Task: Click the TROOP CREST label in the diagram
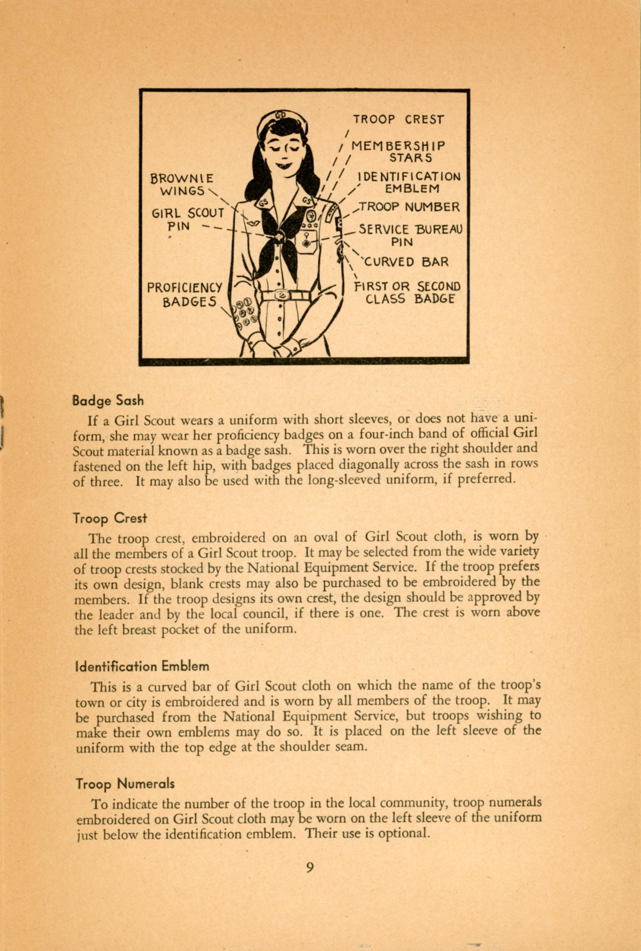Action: click(398, 119)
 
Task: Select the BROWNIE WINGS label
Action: click(182, 185)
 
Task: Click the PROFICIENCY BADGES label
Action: click(185, 294)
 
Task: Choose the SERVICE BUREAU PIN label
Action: click(410, 235)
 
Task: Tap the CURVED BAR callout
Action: click(406, 261)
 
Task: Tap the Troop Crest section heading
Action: click(110, 518)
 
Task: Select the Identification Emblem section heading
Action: click(142, 666)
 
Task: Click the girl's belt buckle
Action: click(281, 295)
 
